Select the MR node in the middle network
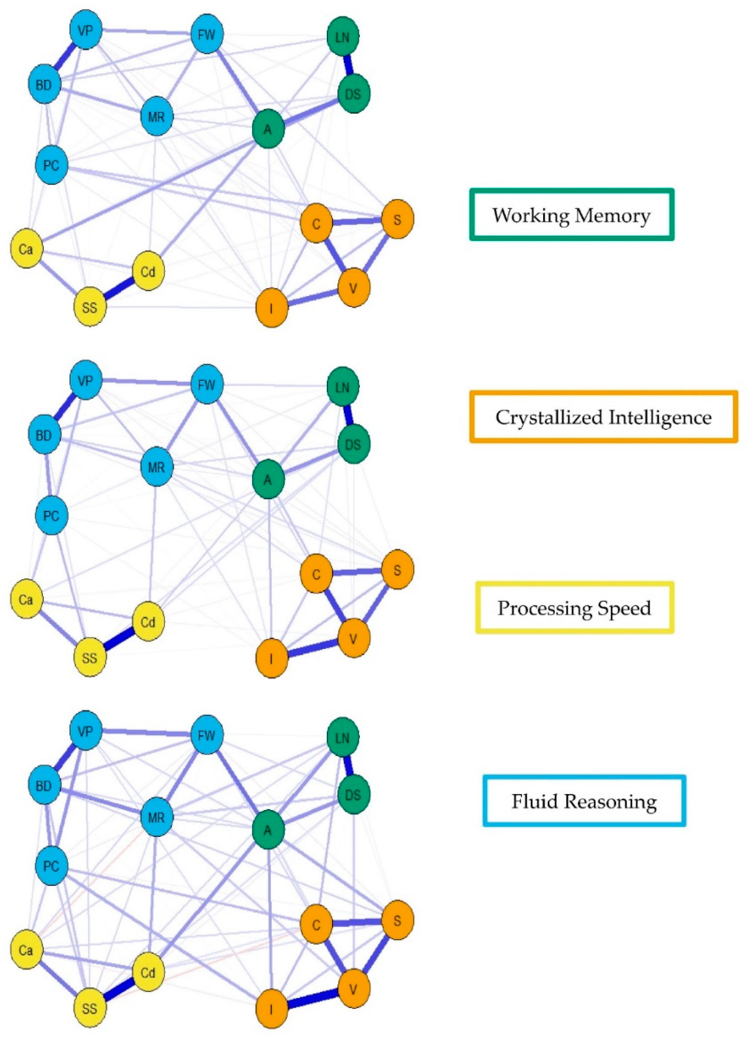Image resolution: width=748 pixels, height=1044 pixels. tap(156, 467)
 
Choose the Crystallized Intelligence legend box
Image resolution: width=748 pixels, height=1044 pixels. tap(603, 417)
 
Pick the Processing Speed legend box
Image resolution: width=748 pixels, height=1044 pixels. tap(574, 608)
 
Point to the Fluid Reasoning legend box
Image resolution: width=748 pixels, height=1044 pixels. tap(584, 801)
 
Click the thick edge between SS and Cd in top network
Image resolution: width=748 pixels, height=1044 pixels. tap(119, 289)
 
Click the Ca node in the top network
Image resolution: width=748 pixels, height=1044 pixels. tap(26, 249)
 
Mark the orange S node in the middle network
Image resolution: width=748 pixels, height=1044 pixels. tap(397, 570)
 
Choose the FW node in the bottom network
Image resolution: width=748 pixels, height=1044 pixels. tap(207, 735)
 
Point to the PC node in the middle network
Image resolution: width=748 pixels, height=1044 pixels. tap(51, 515)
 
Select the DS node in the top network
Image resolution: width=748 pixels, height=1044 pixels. tap(353, 94)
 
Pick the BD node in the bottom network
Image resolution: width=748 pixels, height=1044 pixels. tap(44, 785)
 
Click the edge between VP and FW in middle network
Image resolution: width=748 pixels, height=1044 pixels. tap(147, 382)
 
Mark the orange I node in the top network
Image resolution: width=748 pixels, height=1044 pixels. tap(272, 308)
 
